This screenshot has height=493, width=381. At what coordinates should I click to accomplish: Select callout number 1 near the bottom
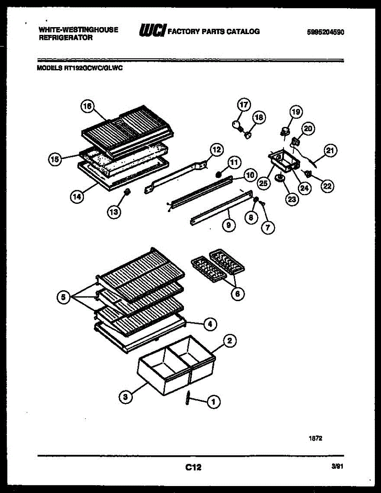214,403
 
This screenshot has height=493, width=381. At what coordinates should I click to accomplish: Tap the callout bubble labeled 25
263,183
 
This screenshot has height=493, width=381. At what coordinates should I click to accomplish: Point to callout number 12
216,150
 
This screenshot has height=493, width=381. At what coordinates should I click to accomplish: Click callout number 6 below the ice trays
237,293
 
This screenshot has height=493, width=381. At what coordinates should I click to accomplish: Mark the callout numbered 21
330,151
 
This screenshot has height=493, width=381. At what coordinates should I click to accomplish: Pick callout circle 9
230,225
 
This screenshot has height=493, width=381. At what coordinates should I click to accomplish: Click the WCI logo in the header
153,31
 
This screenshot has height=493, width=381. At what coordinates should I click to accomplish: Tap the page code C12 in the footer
193,467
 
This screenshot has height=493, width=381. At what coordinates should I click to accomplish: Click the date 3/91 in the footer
337,467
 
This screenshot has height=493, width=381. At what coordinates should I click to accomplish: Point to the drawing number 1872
315,438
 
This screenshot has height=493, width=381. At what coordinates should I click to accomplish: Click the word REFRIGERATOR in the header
65,37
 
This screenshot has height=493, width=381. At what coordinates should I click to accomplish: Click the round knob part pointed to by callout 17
236,123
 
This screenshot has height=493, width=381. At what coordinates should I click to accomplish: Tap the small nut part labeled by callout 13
127,191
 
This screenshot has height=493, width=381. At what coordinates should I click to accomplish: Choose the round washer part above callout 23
281,178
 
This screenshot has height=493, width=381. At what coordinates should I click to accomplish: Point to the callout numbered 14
77,196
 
